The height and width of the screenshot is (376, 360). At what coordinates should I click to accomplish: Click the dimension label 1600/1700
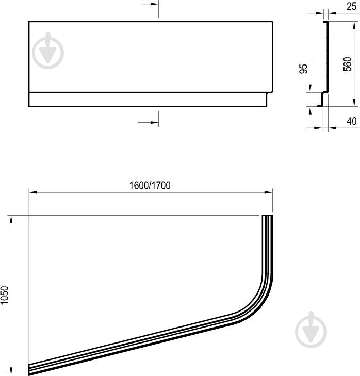click(150, 185)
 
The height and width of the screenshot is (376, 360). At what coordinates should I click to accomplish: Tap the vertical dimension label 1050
click(5, 295)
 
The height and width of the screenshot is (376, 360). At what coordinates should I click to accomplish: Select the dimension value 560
click(347, 64)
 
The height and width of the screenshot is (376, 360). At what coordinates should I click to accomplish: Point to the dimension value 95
click(304, 69)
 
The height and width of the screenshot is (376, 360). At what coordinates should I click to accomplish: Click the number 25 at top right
click(351, 6)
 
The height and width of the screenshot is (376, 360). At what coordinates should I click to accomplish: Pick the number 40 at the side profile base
click(352, 121)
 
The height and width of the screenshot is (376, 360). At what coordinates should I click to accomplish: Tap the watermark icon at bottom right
click(311, 330)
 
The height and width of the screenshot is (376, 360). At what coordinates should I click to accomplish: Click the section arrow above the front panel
click(150, 4)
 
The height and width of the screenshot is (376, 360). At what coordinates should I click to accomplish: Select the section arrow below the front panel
click(148, 122)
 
